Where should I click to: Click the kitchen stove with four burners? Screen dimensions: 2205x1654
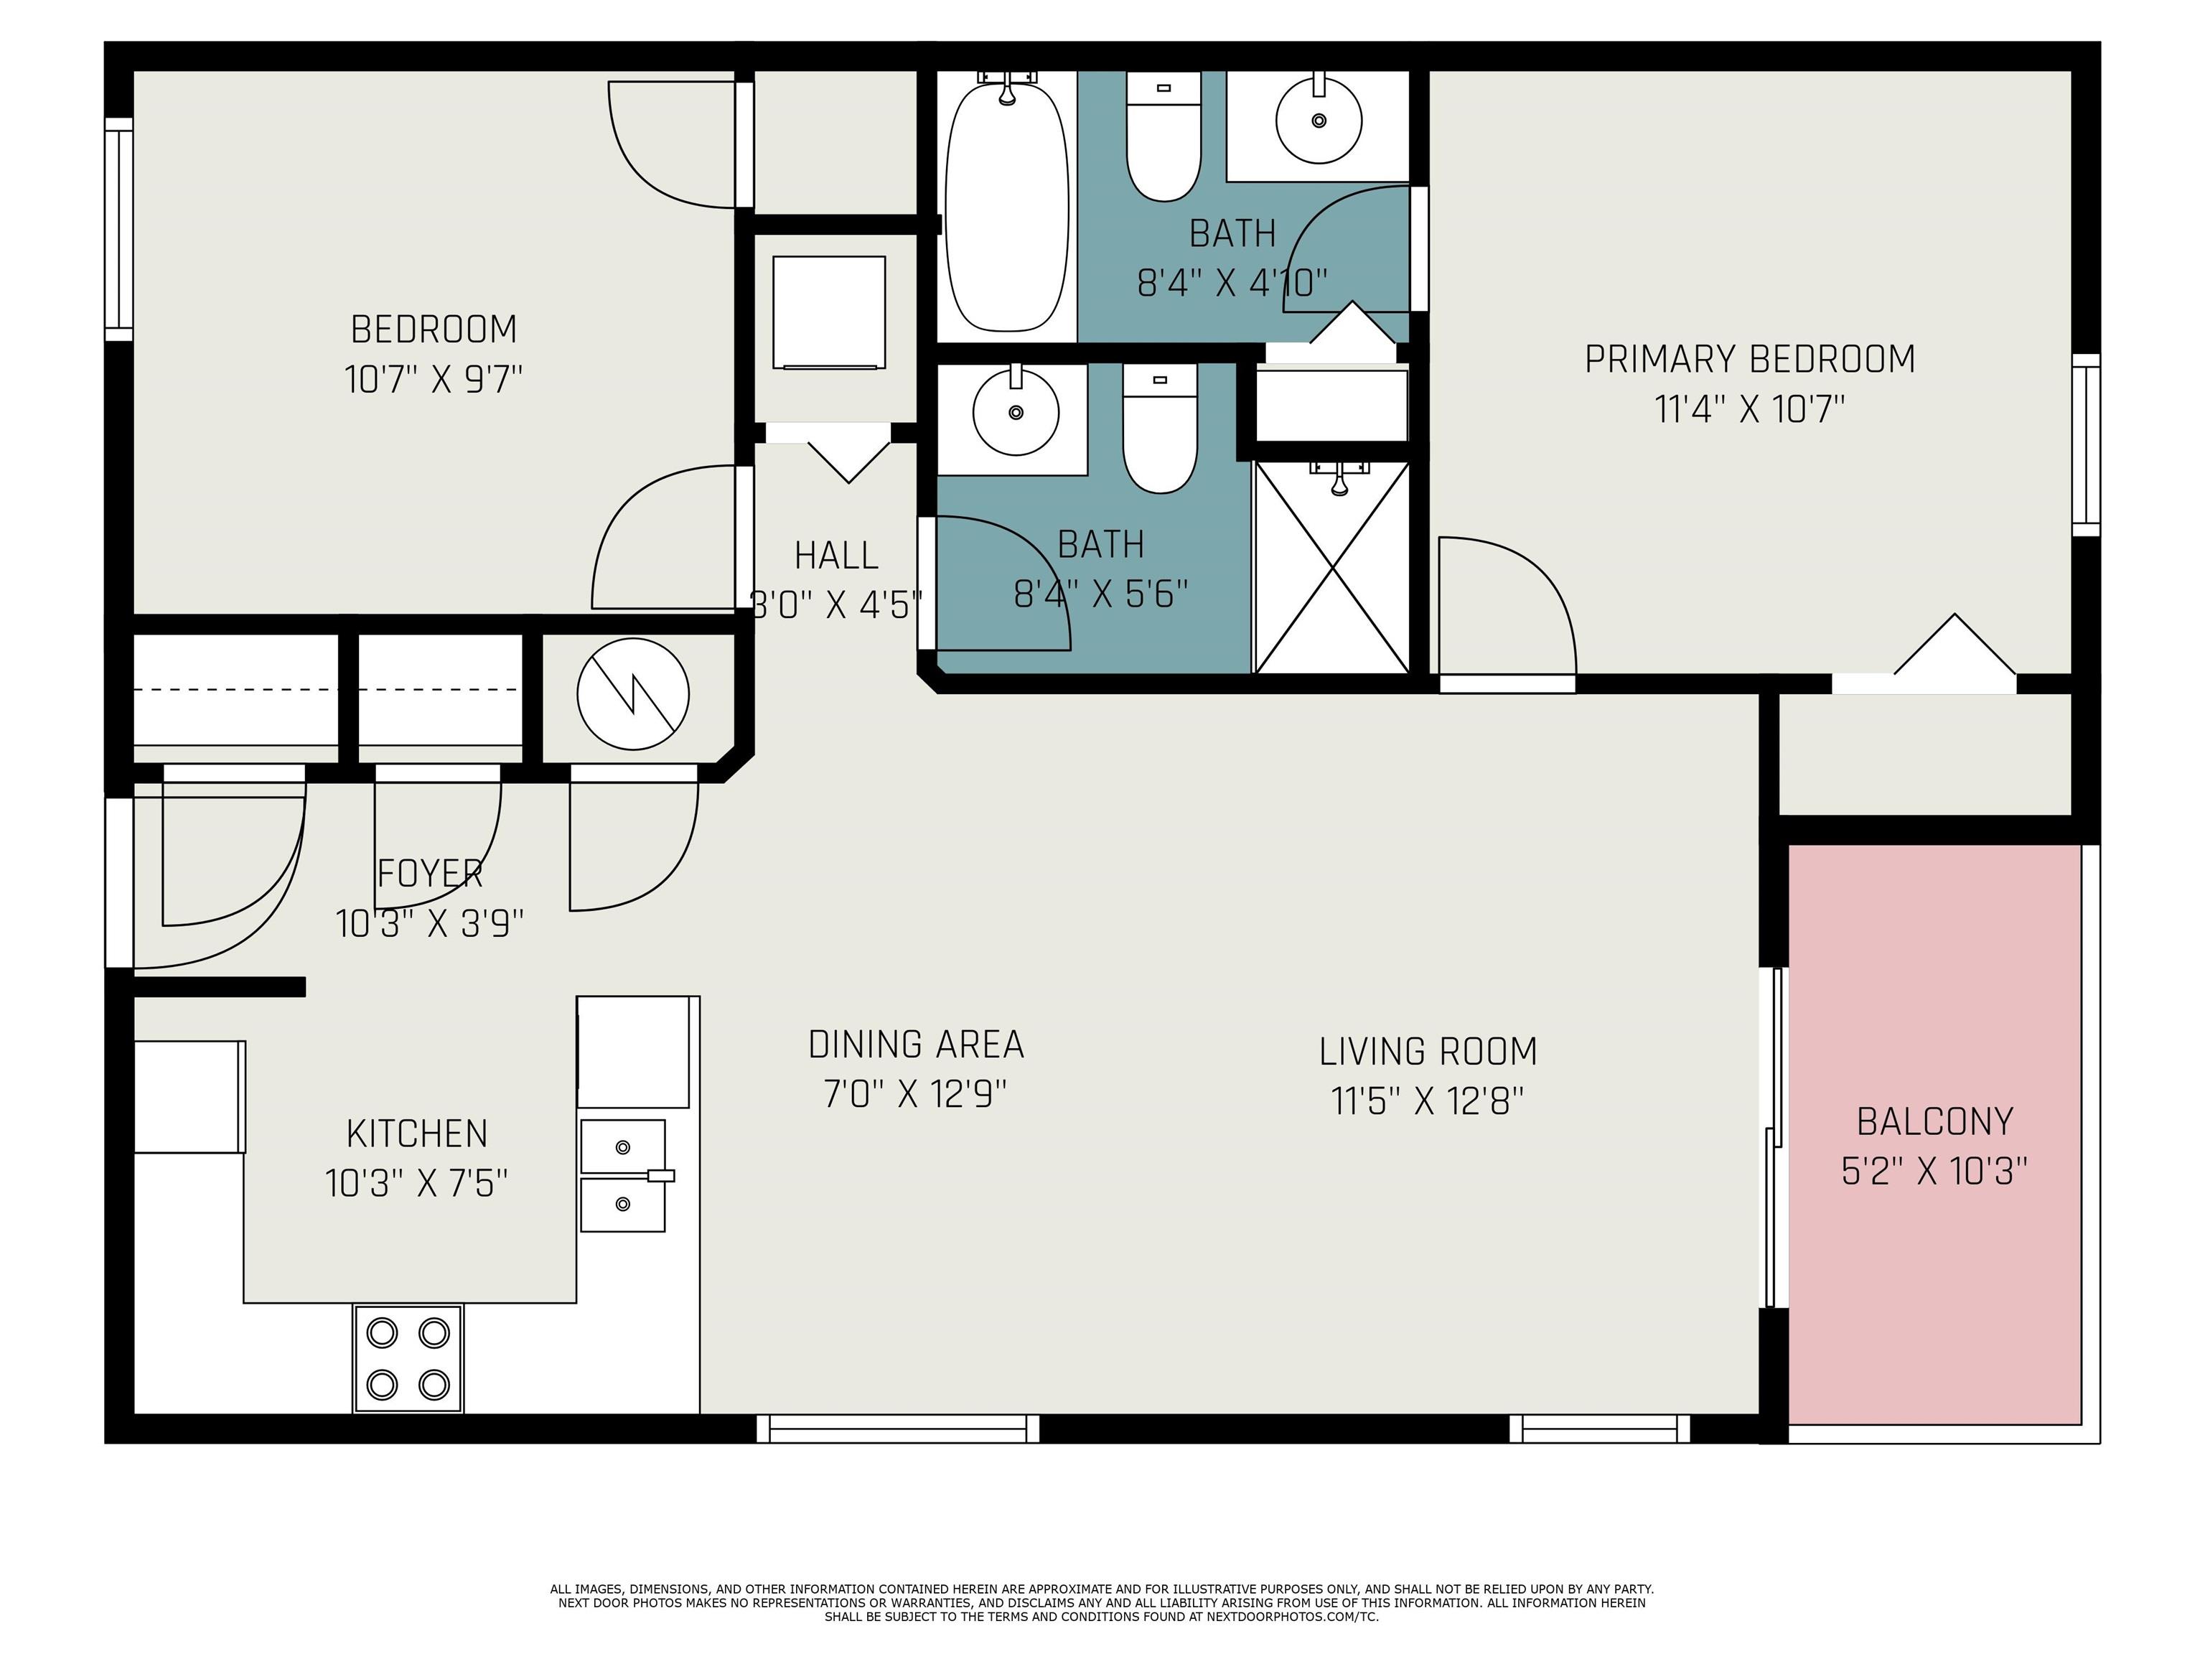(408, 1358)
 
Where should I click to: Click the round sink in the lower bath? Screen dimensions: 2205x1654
(1016, 411)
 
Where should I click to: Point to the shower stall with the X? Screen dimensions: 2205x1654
(1333, 566)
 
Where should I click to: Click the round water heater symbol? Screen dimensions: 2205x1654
(633, 694)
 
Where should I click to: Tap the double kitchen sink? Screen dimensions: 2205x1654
(623, 1175)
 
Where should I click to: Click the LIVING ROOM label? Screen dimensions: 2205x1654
(1428, 1052)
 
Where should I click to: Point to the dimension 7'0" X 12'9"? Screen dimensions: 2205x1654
(915, 1095)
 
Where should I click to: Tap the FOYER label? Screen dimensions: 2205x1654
(430, 874)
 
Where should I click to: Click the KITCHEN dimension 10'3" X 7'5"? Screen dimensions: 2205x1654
(417, 1183)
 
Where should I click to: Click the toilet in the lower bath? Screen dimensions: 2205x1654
(1159, 428)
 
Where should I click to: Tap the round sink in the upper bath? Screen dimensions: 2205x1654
(1319, 120)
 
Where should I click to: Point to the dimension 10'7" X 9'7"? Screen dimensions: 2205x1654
(434, 380)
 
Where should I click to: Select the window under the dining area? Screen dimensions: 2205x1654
(898, 1429)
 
